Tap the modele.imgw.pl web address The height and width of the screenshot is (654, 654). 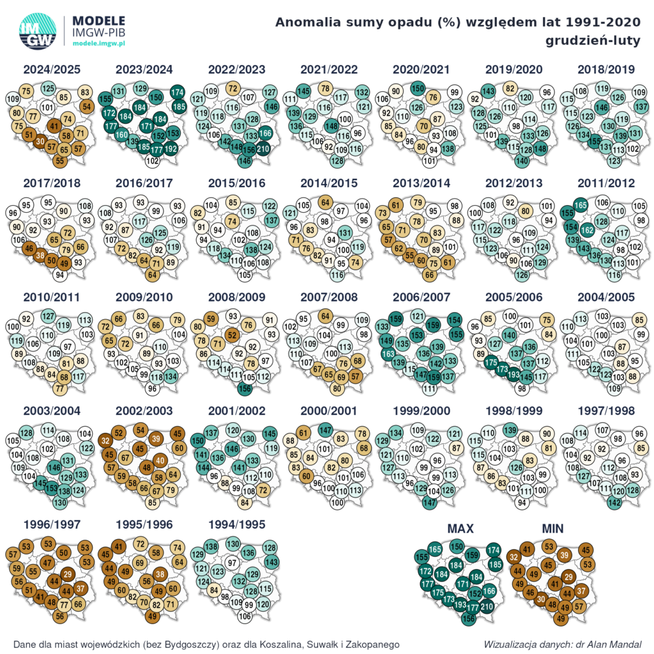click(100, 42)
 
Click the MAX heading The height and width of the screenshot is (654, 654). click(460, 529)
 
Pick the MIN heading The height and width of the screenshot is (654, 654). click(554, 529)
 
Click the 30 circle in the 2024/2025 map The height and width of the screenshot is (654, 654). click(40, 141)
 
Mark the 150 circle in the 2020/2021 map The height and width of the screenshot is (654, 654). click(418, 89)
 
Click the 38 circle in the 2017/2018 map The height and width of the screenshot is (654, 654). click(40, 255)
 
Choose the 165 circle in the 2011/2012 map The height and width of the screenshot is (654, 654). click(580, 205)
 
